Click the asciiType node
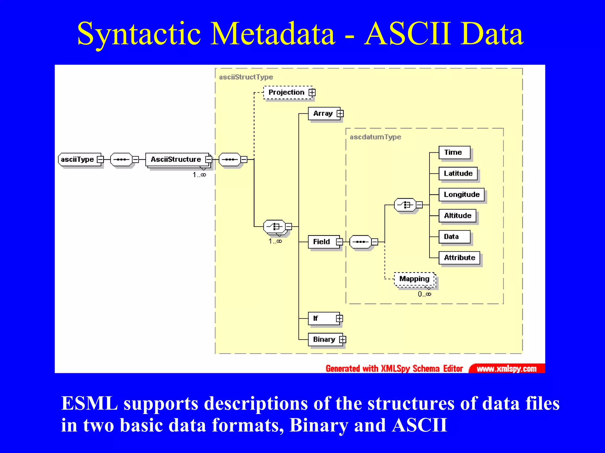(x=77, y=159)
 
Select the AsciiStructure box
(x=176, y=159)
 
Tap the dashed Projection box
(x=286, y=92)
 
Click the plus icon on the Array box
(x=340, y=114)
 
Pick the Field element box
(x=321, y=242)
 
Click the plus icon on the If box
(x=339, y=318)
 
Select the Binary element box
(x=324, y=340)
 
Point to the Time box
(x=454, y=152)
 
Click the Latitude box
(x=458, y=174)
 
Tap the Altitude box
(x=457, y=216)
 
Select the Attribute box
(x=459, y=258)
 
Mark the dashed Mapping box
(x=414, y=279)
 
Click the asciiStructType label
(x=246, y=77)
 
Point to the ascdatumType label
(x=375, y=137)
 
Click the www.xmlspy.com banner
(x=507, y=369)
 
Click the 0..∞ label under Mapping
(x=424, y=294)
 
